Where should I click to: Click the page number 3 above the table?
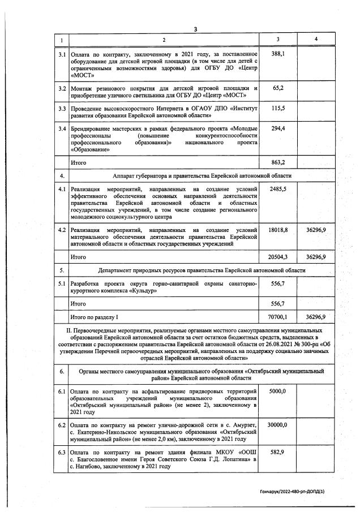pos(195,29)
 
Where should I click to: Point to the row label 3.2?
pos(62,88)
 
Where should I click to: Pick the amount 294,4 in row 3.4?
pos(277,129)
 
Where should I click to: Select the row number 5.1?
pos(62,282)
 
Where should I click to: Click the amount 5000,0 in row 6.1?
pos(277,391)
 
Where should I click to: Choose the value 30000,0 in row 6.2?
pos(277,424)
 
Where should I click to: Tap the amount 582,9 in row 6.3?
pos(277,452)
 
